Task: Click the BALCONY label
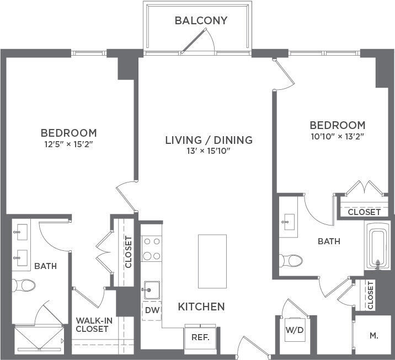[x=201, y=21]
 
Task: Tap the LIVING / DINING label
[x=209, y=140]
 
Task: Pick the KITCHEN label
[x=201, y=307]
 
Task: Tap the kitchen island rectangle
[x=212, y=261]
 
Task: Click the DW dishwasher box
[x=151, y=310]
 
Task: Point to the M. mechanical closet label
[x=373, y=336]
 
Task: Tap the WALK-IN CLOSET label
[x=92, y=324]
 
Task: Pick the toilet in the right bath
[x=290, y=260]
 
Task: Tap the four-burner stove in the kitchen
[x=151, y=249]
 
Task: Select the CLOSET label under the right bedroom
[x=364, y=212]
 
